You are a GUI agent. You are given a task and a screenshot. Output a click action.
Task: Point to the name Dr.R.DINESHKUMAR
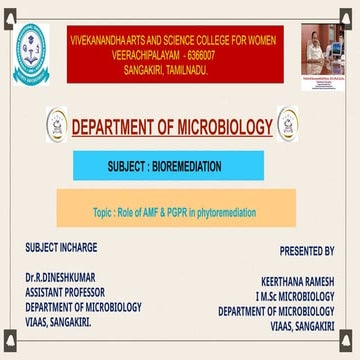point(59,273)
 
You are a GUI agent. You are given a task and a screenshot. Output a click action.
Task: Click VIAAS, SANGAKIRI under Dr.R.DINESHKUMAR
point(56,323)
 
